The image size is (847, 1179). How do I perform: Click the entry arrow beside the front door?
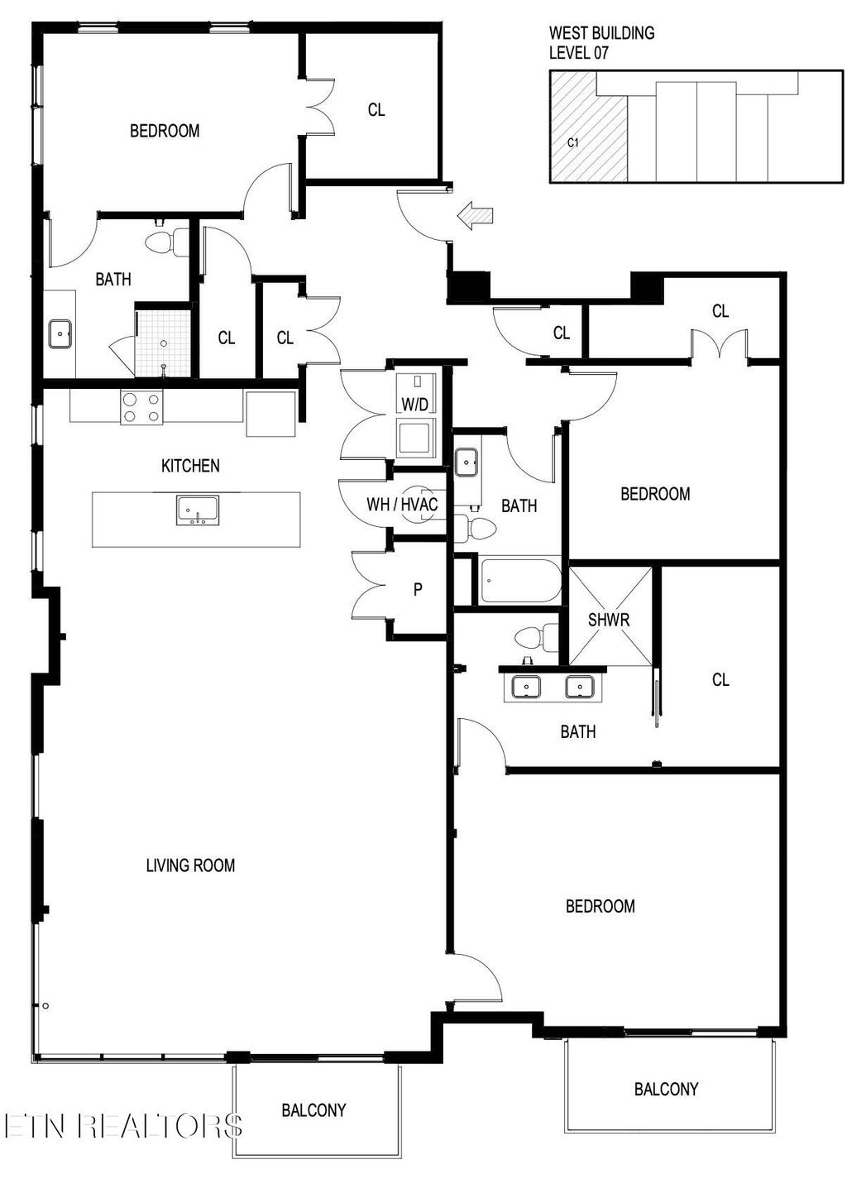[x=476, y=217]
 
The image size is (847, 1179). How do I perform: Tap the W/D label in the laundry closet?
[x=414, y=405]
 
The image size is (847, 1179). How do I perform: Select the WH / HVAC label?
[x=402, y=504]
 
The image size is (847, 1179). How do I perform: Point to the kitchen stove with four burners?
[x=141, y=407]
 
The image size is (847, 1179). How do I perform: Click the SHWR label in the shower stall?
[x=609, y=619]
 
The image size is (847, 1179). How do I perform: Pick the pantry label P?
[x=418, y=590]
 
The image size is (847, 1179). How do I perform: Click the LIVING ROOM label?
[x=190, y=865]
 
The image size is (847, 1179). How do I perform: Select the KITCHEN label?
[x=190, y=466]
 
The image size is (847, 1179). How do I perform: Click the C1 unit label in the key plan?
[x=572, y=142]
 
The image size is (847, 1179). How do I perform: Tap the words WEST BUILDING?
[x=601, y=33]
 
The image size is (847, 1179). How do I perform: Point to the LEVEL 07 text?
[x=579, y=53]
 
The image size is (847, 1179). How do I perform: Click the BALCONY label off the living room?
[x=313, y=1110]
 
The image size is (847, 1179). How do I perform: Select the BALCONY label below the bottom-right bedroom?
[x=666, y=1089]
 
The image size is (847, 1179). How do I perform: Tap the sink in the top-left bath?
[x=60, y=335]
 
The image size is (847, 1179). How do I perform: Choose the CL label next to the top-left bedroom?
[x=376, y=109]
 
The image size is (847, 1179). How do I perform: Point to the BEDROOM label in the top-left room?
[x=165, y=131]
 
